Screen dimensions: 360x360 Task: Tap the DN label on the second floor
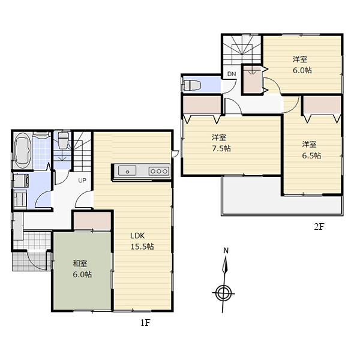(231, 74)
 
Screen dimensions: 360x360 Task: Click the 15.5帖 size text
(142, 246)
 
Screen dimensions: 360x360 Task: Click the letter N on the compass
(226, 251)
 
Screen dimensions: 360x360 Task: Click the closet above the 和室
(92, 220)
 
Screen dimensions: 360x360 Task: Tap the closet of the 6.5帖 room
(322, 105)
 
